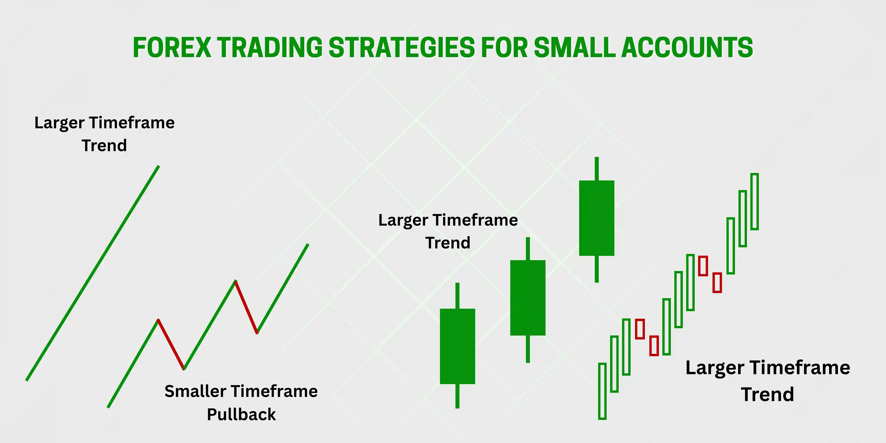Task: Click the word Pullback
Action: [x=241, y=414]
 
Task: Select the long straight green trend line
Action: [x=92, y=273]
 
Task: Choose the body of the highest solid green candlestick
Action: [x=597, y=218]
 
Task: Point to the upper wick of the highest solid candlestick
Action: [x=597, y=169]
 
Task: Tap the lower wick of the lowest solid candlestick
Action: [x=457, y=396]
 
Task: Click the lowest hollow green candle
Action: [x=599, y=391]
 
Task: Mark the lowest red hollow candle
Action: [x=650, y=346]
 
